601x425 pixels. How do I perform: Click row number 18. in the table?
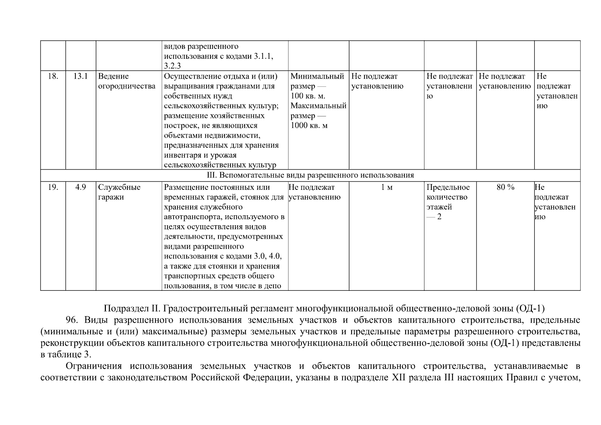[x=53, y=76]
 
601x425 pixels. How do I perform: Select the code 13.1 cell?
[x=80, y=76]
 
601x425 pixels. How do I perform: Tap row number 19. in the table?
[x=53, y=187]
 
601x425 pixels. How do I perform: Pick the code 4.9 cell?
[x=80, y=187]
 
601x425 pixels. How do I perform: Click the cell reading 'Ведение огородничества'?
[x=126, y=81]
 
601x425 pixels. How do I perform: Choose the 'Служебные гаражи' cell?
[x=119, y=192]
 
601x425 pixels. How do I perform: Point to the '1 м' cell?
[x=386, y=187]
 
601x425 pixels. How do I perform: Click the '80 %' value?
[x=505, y=187]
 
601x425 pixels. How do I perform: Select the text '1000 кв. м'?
[x=309, y=126]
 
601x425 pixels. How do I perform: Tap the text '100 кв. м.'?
[x=308, y=96]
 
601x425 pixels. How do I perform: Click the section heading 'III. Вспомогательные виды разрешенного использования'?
[x=310, y=175]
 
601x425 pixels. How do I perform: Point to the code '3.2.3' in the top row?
[x=172, y=66]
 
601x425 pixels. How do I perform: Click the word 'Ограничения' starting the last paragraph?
[x=93, y=366]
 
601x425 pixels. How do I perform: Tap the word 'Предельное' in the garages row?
[x=448, y=187]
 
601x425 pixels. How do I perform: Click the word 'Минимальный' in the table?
[x=317, y=76]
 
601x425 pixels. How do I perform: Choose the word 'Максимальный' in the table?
[x=318, y=106]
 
